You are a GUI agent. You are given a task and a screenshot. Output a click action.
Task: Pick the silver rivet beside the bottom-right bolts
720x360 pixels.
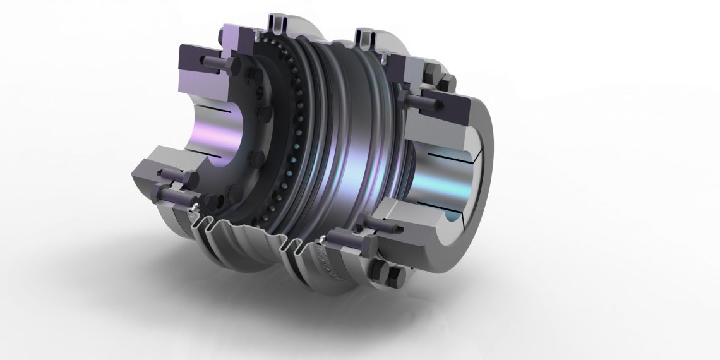[323, 237]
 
